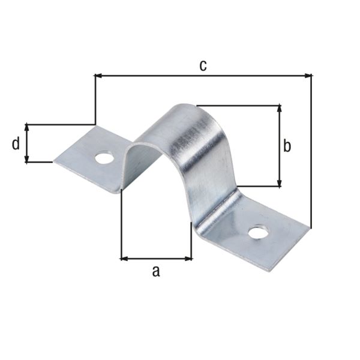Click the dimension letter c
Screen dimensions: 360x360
coord(203,65)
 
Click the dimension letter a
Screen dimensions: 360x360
coord(156,271)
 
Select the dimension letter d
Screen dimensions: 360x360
coord(16,143)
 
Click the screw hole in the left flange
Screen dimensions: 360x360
coord(104,158)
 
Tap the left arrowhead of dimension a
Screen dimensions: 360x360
coord(124,259)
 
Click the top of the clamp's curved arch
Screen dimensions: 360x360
coord(186,108)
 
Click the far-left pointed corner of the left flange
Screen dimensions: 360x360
coord(55,161)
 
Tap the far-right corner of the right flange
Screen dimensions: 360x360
coord(310,227)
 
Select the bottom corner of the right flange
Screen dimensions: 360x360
coord(275,270)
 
